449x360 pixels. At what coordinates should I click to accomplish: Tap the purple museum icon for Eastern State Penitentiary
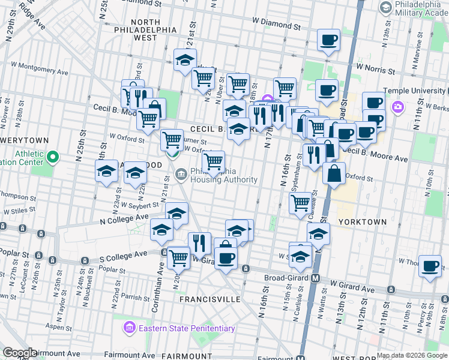(129, 328)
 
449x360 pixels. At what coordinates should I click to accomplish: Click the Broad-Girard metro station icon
(316, 278)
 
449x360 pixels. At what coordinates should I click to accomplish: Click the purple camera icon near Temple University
(397, 107)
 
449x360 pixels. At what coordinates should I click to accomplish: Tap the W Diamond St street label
(276, 26)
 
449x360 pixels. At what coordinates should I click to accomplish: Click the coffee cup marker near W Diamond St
(328, 40)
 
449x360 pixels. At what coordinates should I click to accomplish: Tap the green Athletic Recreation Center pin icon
(53, 158)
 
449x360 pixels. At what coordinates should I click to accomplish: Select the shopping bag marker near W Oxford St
(334, 173)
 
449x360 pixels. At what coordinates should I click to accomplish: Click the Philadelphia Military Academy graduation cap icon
(385, 8)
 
